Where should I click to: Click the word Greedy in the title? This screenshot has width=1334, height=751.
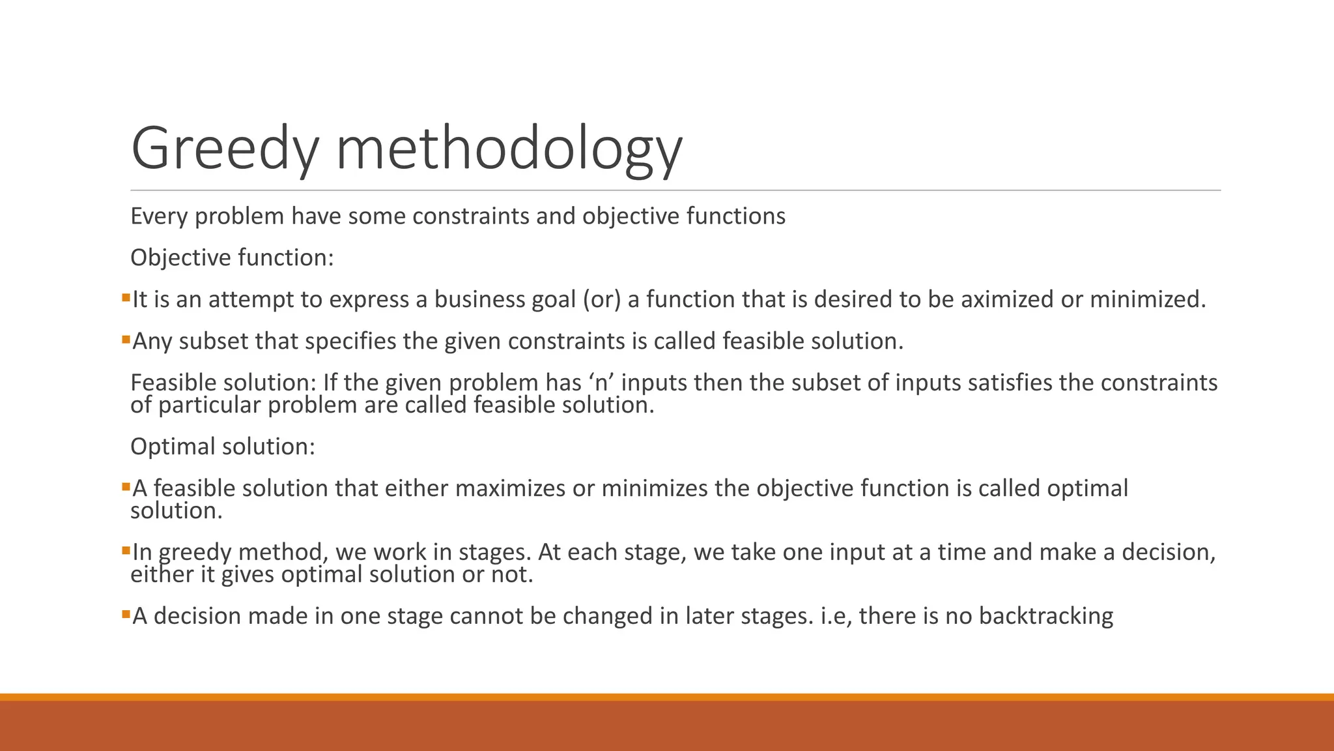(x=225, y=150)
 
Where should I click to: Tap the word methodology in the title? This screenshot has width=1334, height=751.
(x=509, y=150)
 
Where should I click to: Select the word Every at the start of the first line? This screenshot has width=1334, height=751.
(x=159, y=216)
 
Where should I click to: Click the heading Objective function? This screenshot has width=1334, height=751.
(x=232, y=258)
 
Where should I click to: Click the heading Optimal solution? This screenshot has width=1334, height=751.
(x=223, y=447)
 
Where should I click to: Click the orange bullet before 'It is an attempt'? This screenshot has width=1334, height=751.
(x=126, y=298)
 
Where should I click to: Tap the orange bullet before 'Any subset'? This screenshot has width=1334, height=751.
(x=126, y=340)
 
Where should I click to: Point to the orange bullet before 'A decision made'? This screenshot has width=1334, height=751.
(x=126, y=615)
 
